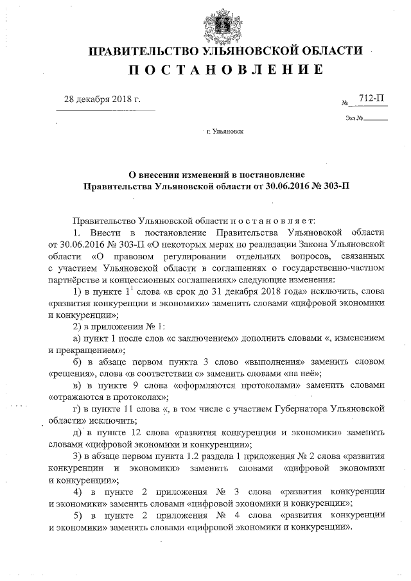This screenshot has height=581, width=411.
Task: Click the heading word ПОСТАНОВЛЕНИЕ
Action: coord(225,70)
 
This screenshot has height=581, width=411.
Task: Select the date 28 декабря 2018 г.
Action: coord(102,100)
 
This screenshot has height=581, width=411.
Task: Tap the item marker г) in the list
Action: coord(78,408)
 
